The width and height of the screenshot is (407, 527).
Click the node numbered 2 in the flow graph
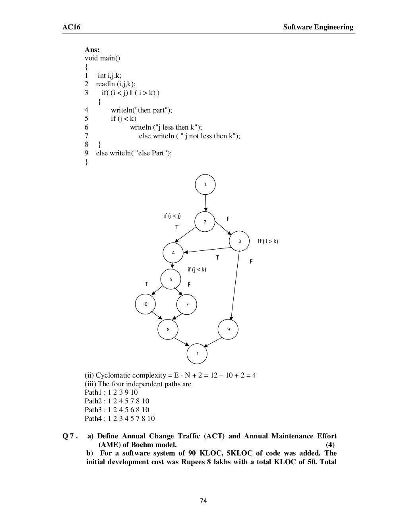click(x=205, y=221)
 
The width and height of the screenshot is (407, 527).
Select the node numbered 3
click(x=239, y=241)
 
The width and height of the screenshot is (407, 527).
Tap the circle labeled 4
click(x=173, y=253)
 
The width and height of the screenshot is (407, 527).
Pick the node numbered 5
click(x=171, y=279)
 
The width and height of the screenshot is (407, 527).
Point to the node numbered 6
click(x=145, y=304)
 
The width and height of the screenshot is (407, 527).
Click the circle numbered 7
click(x=187, y=305)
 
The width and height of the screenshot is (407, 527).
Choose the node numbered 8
click(x=168, y=329)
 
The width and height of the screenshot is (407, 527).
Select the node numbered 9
click(x=228, y=329)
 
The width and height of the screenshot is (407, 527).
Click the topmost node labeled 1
click(x=205, y=184)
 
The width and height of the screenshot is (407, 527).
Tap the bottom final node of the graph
click(x=198, y=353)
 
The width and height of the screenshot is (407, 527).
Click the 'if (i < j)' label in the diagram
click(x=172, y=216)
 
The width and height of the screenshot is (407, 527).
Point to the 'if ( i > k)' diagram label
click(x=268, y=241)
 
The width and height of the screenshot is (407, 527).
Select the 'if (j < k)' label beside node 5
click(x=197, y=269)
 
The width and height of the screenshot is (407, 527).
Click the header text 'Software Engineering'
click(x=318, y=27)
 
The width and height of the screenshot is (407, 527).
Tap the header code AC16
click(x=69, y=27)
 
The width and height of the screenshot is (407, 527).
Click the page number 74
click(x=203, y=500)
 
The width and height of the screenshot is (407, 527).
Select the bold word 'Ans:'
click(x=92, y=50)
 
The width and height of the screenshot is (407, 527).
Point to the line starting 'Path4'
click(x=120, y=418)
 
